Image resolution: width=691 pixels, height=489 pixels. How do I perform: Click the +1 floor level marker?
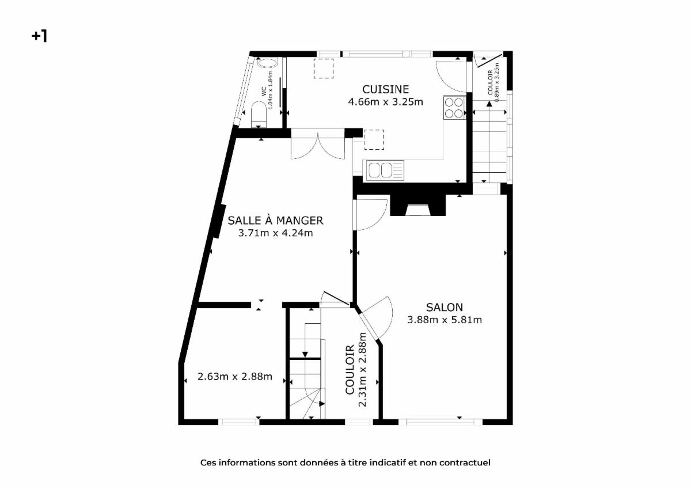click(40, 36)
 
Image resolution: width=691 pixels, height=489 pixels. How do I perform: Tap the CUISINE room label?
click(385, 89)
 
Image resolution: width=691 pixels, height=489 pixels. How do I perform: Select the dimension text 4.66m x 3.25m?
click(385, 102)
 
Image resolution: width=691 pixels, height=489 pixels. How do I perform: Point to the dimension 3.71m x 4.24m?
click(275, 233)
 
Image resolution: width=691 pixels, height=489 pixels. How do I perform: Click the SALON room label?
click(444, 308)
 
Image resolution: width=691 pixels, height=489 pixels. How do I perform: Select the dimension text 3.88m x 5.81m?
click(444, 320)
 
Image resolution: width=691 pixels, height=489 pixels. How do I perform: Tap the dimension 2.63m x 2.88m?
click(235, 377)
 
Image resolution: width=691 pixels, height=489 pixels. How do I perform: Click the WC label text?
click(264, 92)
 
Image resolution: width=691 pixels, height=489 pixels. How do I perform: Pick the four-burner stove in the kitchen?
click(454, 107)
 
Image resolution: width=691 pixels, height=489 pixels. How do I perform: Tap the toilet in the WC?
click(259, 114)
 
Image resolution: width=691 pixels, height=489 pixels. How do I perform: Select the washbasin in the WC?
click(268, 63)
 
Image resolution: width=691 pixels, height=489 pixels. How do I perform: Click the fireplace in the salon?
click(417, 205)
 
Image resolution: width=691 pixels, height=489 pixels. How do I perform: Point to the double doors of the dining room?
click(318, 145)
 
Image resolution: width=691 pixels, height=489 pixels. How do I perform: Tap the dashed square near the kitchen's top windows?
click(324, 68)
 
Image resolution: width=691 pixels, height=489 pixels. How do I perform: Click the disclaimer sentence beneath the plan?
click(345, 463)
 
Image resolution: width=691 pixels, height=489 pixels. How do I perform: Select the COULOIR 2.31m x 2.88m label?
click(356, 370)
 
